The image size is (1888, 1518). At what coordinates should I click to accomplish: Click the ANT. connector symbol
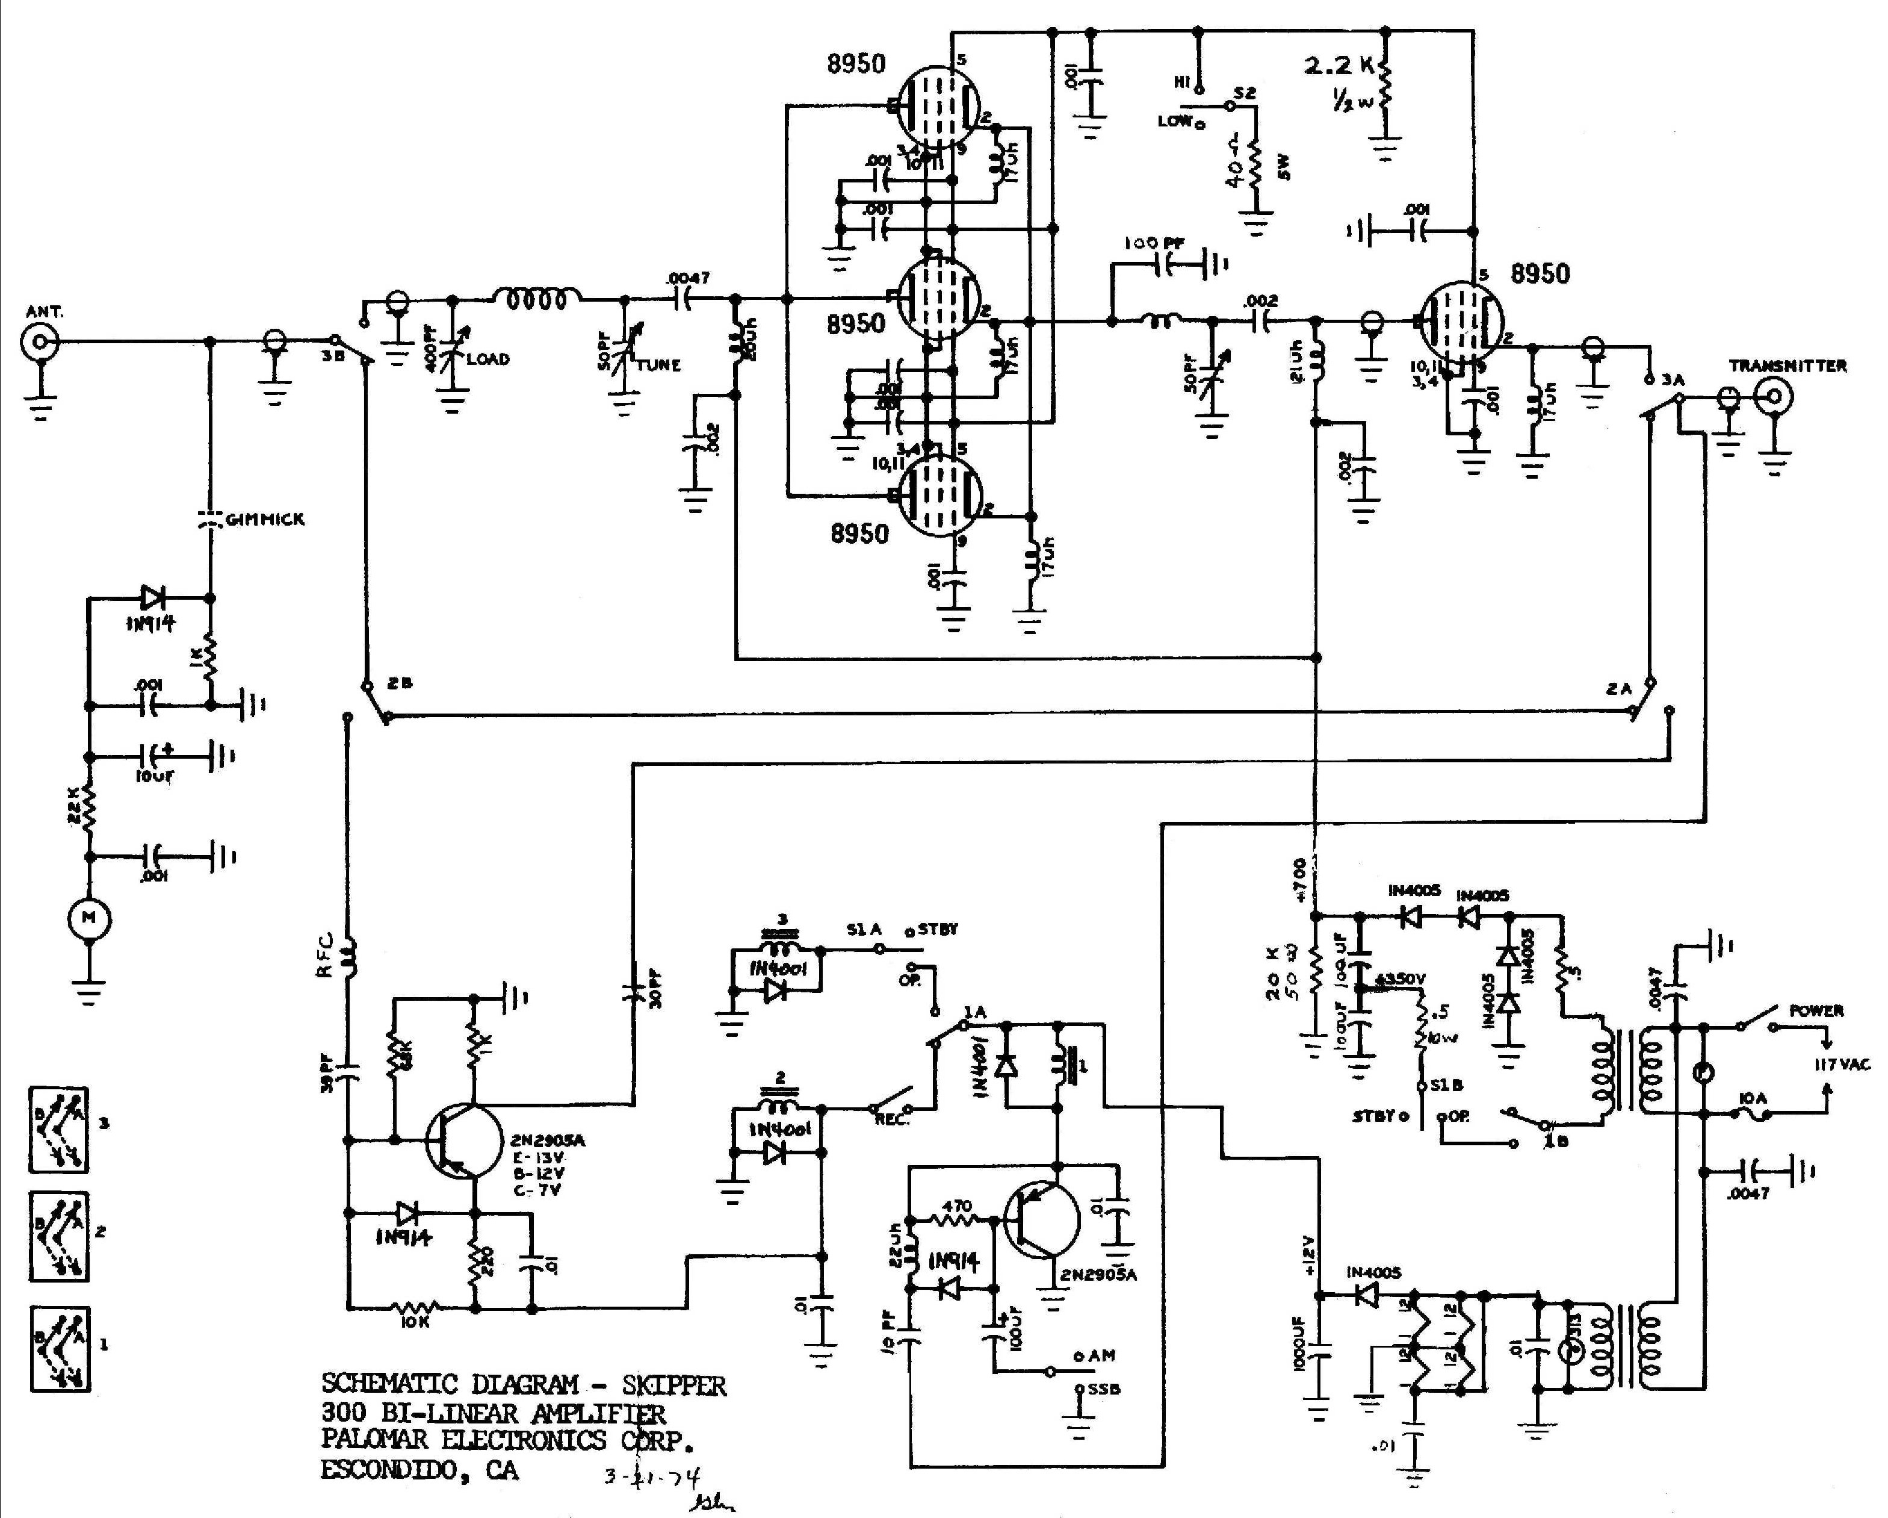(x=39, y=341)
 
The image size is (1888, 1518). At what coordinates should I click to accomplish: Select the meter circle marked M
(x=89, y=918)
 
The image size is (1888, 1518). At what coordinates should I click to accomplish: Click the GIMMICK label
(x=264, y=520)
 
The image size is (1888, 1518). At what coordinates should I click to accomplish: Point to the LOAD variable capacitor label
(x=487, y=359)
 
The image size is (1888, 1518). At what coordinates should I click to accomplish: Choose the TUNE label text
(x=658, y=366)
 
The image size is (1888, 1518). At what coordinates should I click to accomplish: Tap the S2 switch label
(x=1245, y=93)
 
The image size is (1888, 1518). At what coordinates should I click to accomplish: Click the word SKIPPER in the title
(x=673, y=1385)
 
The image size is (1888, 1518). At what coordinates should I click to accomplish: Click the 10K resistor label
(x=415, y=1322)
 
